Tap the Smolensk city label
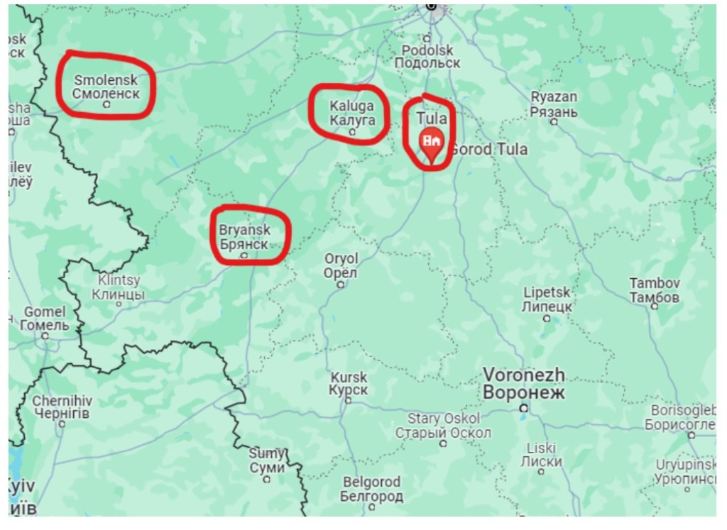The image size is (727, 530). (x=106, y=87)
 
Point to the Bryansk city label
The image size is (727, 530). (x=244, y=237)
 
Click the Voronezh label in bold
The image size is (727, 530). (x=524, y=383)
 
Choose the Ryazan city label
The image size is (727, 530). (x=554, y=104)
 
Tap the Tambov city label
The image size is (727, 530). (x=655, y=290)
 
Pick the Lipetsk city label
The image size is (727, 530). (x=547, y=299)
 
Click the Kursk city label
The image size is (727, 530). (x=348, y=384)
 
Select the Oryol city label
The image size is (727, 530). (x=341, y=265)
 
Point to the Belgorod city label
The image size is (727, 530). (x=371, y=490)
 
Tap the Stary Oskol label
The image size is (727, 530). (x=443, y=426)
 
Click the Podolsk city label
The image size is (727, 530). (x=427, y=56)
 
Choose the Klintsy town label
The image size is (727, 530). (x=118, y=287)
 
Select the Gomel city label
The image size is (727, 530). (x=44, y=319)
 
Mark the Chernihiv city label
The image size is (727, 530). (x=62, y=407)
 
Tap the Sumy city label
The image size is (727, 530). (x=267, y=460)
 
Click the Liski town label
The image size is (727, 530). (x=541, y=454)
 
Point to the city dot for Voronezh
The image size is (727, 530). (x=524, y=408)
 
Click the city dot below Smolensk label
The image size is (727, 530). (x=106, y=104)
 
